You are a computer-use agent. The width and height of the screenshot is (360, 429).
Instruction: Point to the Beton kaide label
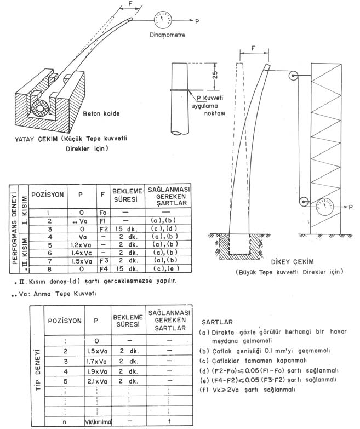(x=122, y=114)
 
